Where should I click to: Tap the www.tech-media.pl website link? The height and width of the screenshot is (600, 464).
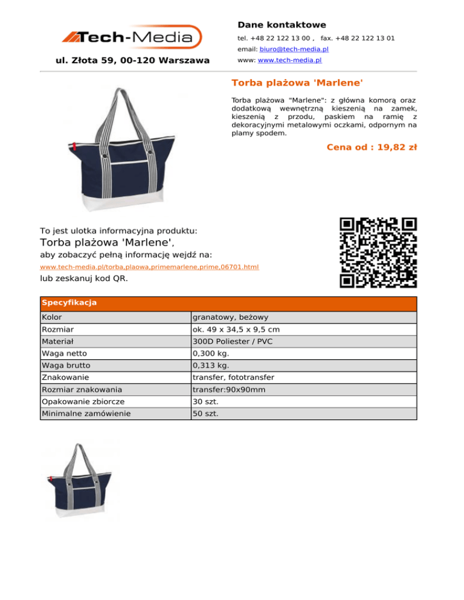pos(289,60)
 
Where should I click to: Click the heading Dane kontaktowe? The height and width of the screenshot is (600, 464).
pos(282,25)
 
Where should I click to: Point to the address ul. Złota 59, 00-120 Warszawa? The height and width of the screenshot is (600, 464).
pos(132,60)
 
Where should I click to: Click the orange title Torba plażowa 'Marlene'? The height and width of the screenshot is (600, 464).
pos(297,81)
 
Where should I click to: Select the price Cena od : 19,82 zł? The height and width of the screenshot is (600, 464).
pos(372,147)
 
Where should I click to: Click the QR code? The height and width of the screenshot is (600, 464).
pos(378,252)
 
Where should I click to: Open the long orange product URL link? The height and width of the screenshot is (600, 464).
pos(149,267)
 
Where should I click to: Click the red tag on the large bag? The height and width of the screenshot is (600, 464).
pos(74,146)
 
